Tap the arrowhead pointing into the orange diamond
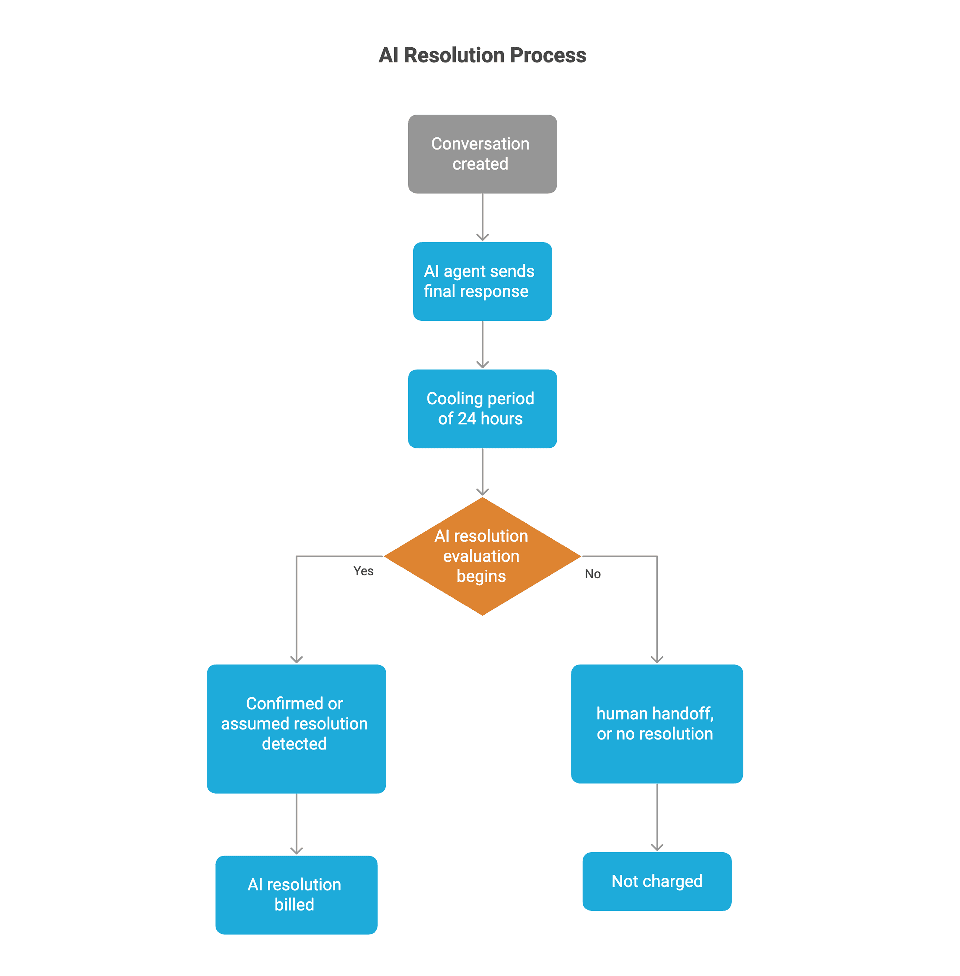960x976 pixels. [482, 492]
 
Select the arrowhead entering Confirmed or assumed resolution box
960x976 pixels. [296, 659]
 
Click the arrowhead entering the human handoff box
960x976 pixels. [657, 659]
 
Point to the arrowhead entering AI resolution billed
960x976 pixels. [296, 850]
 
